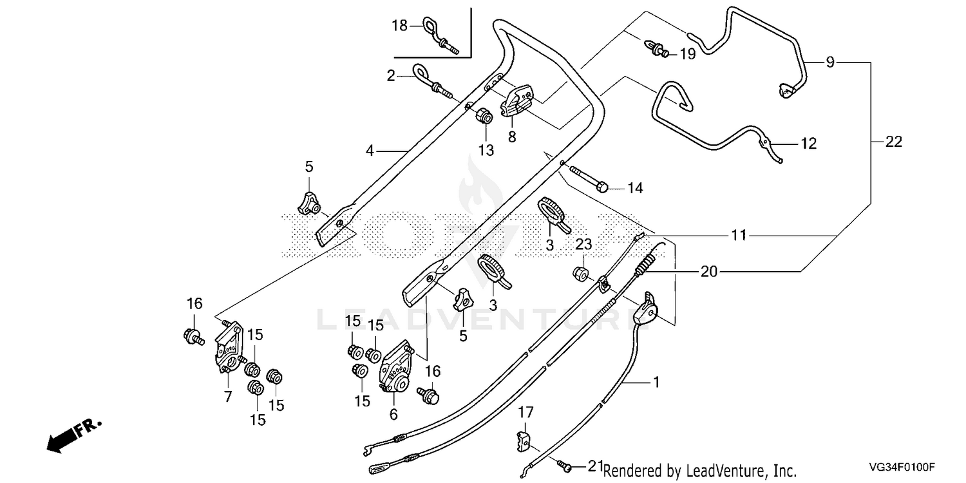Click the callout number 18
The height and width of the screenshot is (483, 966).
pyautogui.click(x=399, y=26)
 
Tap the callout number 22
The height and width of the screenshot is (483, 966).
pyautogui.click(x=894, y=142)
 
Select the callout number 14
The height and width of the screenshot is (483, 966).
pyautogui.click(x=635, y=188)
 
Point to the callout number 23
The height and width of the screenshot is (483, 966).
pyautogui.click(x=583, y=245)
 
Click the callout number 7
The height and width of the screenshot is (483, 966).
pyautogui.click(x=228, y=396)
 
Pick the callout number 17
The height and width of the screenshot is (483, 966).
pyautogui.click(x=526, y=413)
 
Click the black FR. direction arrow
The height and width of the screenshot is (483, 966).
pyautogui.click(x=74, y=435)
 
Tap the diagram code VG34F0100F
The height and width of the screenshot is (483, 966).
pyautogui.click(x=902, y=467)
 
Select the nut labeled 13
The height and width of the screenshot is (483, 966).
pyautogui.click(x=484, y=116)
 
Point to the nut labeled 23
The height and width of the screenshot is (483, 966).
pyautogui.click(x=580, y=274)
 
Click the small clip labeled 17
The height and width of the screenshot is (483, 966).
pyautogui.click(x=523, y=441)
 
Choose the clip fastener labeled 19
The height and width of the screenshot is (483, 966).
pyautogui.click(x=656, y=48)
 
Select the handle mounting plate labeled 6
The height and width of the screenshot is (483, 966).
pyautogui.click(x=396, y=366)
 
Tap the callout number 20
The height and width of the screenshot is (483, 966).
pyautogui.click(x=708, y=272)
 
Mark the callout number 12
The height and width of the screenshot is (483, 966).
pyautogui.click(x=809, y=143)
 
